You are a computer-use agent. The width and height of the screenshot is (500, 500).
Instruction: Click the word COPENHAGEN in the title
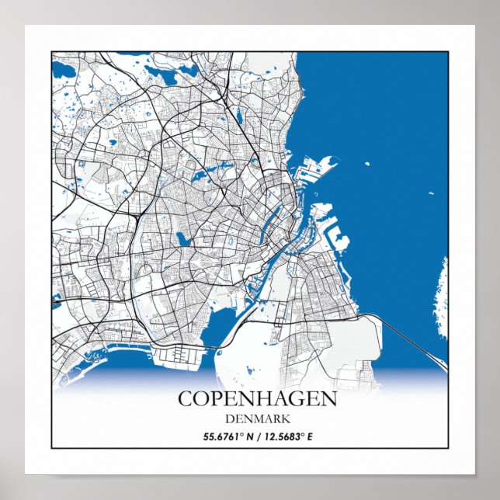click(x=257, y=399)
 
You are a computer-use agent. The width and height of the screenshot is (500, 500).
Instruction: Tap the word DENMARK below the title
click(x=257, y=419)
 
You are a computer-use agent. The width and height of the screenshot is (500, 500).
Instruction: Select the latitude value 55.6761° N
click(x=224, y=436)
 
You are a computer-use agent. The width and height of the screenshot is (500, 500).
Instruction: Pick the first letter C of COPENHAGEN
click(x=186, y=399)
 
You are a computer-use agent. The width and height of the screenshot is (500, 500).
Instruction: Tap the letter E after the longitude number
click(x=310, y=436)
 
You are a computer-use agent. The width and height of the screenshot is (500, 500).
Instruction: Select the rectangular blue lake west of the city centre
click(x=183, y=238)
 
